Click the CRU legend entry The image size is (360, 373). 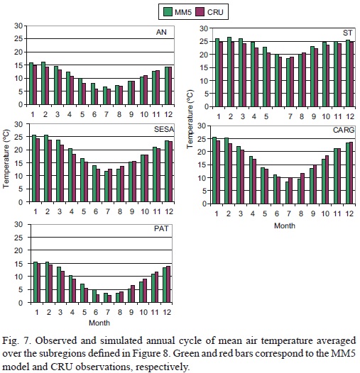[208, 11]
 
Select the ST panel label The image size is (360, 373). [347, 31]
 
